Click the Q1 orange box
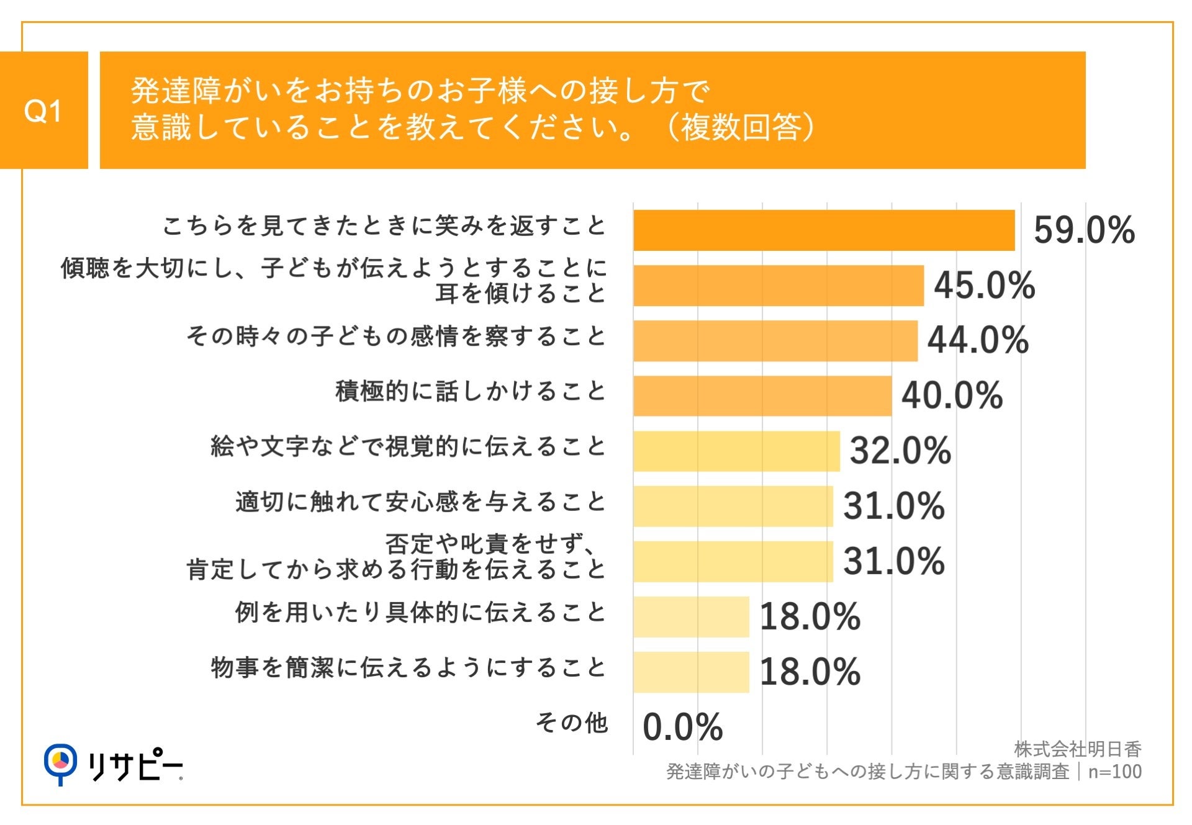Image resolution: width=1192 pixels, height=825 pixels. pyautogui.click(x=43, y=110)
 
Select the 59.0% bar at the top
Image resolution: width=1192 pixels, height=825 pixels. pyautogui.click(x=824, y=230)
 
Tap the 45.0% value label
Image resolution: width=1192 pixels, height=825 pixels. pyautogui.click(x=984, y=286)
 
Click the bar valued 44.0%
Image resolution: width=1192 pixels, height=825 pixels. pyautogui.click(x=775, y=341)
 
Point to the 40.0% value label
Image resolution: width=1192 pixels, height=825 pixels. pyautogui.click(x=952, y=395)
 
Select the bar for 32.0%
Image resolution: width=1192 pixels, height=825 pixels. pyautogui.click(x=736, y=451)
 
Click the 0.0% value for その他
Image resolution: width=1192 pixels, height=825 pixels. pyautogui.click(x=682, y=727)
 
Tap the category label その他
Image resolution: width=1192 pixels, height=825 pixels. pyautogui.click(x=571, y=723)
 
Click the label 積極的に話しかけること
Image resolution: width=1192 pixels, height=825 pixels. pyautogui.click(x=470, y=392)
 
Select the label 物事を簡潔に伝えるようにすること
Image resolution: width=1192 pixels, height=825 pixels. pyautogui.click(x=408, y=668)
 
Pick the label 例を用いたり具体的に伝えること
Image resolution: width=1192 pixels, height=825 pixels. pyautogui.click(x=420, y=613)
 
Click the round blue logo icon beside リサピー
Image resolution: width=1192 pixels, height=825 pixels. pyautogui.click(x=60, y=762)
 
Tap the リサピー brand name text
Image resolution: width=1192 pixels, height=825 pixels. pyautogui.click(x=135, y=767)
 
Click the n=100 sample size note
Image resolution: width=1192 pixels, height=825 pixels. pyautogui.click(x=1114, y=772)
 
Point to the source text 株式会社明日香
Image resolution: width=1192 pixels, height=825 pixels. pyautogui.click(x=1078, y=749)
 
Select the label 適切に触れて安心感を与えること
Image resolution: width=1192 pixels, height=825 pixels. pyautogui.click(x=420, y=502)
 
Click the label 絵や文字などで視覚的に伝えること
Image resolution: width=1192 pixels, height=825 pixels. pyautogui.click(x=408, y=447)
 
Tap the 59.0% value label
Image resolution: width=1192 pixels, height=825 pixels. pyautogui.click(x=1083, y=230)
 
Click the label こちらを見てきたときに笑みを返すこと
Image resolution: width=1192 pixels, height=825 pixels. pyautogui.click(x=384, y=226)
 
